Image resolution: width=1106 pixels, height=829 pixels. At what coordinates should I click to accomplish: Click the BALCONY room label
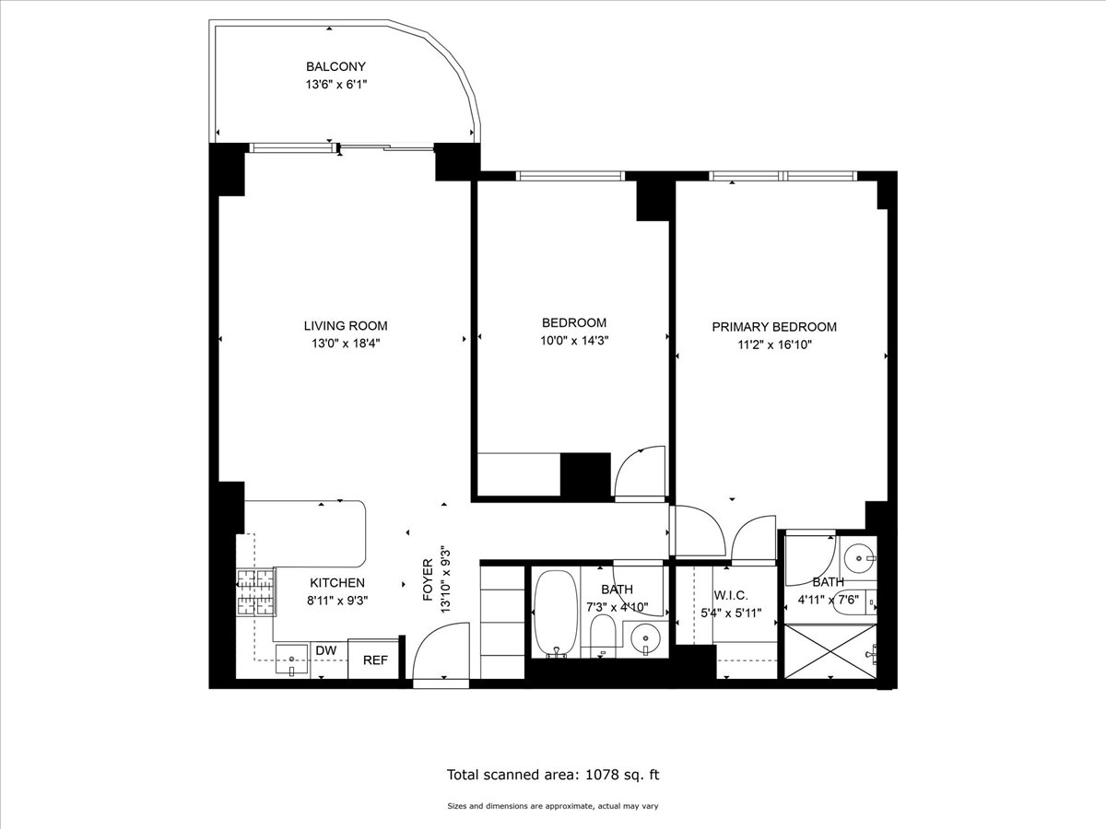pyautogui.click(x=336, y=66)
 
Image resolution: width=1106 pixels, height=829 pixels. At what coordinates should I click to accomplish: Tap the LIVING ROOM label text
pyautogui.click(x=346, y=325)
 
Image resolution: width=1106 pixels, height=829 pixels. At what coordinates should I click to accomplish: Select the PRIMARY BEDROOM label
pyautogui.click(x=774, y=327)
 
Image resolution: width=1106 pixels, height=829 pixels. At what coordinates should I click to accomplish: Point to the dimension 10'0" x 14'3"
pyautogui.click(x=574, y=340)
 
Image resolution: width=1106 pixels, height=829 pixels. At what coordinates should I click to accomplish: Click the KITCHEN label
pyautogui.click(x=337, y=583)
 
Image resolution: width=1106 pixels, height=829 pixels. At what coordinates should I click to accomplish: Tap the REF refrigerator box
pyautogui.click(x=374, y=660)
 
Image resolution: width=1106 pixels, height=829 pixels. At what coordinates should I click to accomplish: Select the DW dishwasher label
pyautogui.click(x=325, y=651)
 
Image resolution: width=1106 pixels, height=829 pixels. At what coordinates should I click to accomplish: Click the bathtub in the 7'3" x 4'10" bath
pyautogui.click(x=555, y=613)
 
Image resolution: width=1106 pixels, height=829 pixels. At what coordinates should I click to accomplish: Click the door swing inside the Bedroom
pyautogui.click(x=640, y=473)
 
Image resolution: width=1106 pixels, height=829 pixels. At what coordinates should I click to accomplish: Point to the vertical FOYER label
pyautogui.click(x=428, y=579)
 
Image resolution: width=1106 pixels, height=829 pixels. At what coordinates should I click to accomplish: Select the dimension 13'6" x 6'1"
pyautogui.click(x=336, y=84)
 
